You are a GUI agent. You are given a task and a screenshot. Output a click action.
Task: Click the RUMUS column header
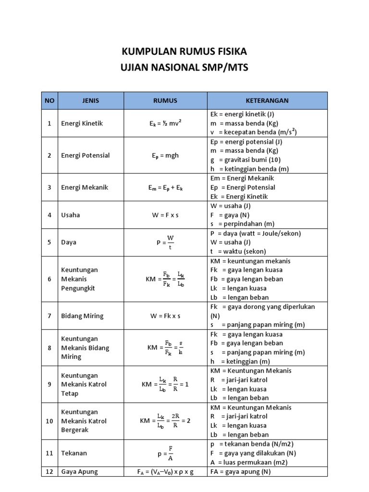pos(165,101)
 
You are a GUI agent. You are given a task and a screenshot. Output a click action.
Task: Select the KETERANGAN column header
pos(267,101)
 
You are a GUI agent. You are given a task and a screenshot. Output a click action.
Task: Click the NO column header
pos(49,101)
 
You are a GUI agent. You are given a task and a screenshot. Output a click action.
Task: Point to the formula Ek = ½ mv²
pos(165,123)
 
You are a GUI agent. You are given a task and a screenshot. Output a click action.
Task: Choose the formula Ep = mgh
pos(165,155)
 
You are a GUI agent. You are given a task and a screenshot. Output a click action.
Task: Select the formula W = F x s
pos(165,215)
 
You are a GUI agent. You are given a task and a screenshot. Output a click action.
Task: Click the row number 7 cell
pos(49,316)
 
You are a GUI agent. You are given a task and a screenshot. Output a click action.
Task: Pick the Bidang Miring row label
pos(82,316)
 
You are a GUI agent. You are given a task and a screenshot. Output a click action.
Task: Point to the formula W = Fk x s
pos(165,316)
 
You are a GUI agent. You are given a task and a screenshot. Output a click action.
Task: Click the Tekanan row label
pos(74,453)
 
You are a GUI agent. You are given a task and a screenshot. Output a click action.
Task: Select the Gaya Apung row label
pos(79,472)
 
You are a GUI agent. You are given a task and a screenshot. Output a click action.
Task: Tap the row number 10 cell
pos(49,421)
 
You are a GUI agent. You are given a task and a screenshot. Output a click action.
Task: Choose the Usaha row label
pos(71,215)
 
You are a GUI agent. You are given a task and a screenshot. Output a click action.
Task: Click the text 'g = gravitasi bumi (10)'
pos(246,160)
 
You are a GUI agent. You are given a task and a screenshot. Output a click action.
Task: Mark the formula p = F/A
pos(165,453)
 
